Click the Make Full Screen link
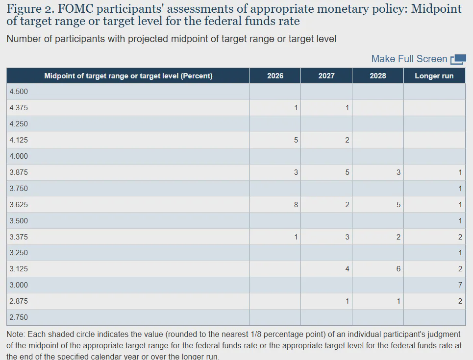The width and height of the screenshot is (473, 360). [409, 59]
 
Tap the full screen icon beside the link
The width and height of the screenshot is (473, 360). [458, 59]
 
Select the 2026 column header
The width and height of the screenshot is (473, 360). [275, 76]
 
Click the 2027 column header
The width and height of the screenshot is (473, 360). [326, 76]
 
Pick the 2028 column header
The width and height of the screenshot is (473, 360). [378, 76]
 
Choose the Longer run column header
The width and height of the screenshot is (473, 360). [434, 76]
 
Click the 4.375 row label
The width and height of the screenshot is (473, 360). [19, 108]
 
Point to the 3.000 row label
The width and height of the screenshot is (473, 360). [19, 285]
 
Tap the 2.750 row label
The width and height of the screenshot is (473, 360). [19, 317]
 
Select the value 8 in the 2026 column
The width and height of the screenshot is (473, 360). [296, 205]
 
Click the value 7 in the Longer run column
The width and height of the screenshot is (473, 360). [460, 285]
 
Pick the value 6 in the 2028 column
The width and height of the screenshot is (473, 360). [398, 268]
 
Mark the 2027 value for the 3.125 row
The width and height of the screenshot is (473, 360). [347, 268]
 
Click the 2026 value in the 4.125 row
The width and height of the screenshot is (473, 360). [296, 140]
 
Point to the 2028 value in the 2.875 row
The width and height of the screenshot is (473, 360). [398, 301]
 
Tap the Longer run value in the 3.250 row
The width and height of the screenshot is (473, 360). [460, 253]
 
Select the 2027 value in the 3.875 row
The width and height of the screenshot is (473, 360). [347, 172]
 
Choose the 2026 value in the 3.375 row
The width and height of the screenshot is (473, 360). [296, 237]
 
